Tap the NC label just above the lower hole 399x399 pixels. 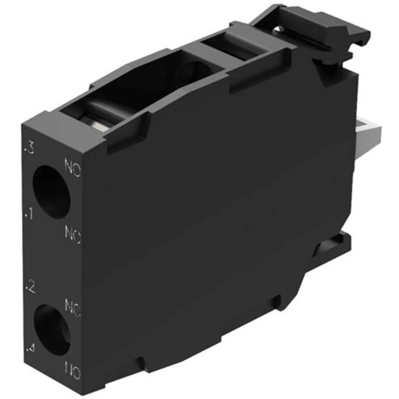coord(73,308)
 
